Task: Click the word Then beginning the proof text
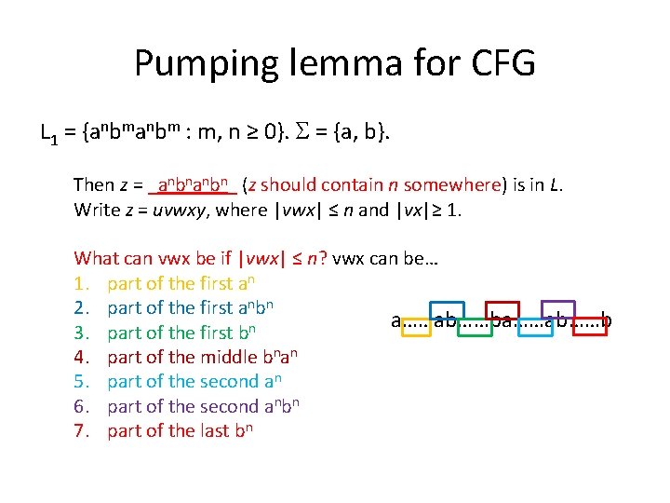click(x=94, y=184)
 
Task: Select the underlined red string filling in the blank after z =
click(x=197, y=184)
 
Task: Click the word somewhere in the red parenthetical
click(x=454, y=184)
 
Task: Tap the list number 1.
click(x=81, y=283)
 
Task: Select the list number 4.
click(x=81, y=357)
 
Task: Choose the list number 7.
click(x=81, y=430)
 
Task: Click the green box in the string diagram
click(x=476, y=321)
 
